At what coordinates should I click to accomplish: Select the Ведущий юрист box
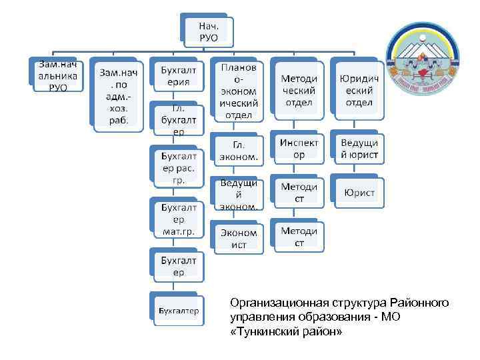coord(358,149)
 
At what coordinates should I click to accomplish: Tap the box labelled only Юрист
coord(359,193)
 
